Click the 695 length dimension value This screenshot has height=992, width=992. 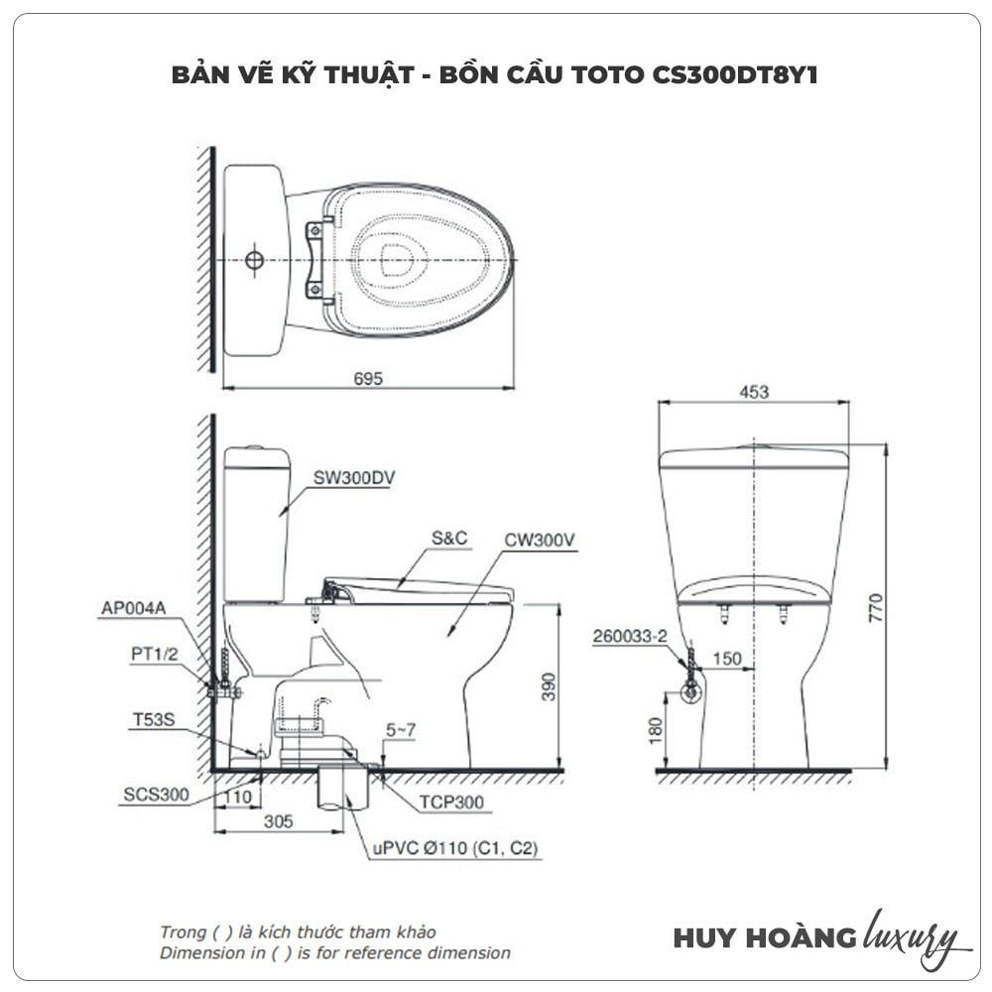click(367, 377)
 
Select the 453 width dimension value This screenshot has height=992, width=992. click(754, 393)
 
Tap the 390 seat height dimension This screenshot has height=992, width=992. click(548, 685)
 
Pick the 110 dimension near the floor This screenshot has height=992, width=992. click(236, 797)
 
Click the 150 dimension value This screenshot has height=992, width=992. click(728, 659)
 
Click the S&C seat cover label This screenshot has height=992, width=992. click(448, 539)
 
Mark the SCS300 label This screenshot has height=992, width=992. click(157, 795)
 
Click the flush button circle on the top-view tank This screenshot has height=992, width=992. click(254, 261)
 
